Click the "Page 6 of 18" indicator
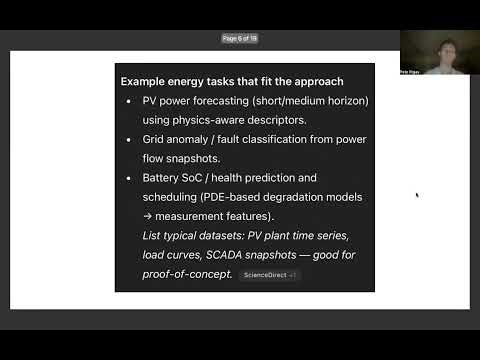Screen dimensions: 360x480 [x=240, y=38]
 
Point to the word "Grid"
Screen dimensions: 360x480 [x=155, y=141]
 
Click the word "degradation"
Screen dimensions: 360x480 [x=290, y=197]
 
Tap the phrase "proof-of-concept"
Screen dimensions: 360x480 [x=187, y=274]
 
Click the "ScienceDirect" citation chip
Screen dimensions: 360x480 [x=268, y=275]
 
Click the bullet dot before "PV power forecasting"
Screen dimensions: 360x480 [x=130, y=102]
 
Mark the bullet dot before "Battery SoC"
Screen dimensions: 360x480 [x=130, y=178]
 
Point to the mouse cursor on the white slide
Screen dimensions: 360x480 [x=417, y=195]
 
